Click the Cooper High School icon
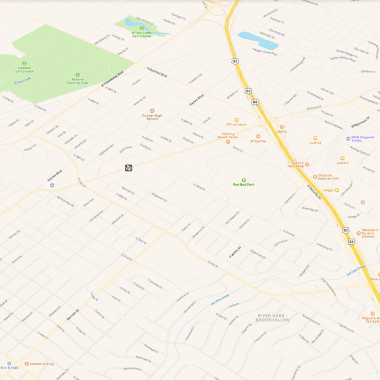click(152, 111)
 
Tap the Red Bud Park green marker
click(243, 180)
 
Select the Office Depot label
click(236, 124)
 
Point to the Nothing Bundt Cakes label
click(228, 136)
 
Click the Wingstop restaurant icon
click(258, 136)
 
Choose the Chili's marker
click(282, 127)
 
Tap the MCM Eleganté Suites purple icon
click(348, 138)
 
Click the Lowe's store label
click(342, 162)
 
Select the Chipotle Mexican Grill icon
click(315, 176)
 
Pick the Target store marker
click(337, 190)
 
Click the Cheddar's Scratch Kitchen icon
click(358, 233)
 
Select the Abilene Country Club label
click(77, 82)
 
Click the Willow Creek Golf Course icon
click(141, 28)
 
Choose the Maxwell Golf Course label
click(25, 69)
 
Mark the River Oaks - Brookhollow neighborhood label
click(272, 317)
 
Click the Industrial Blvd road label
click(157, 73)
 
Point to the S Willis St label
click(235, 253)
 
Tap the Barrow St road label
click(72, 314)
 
